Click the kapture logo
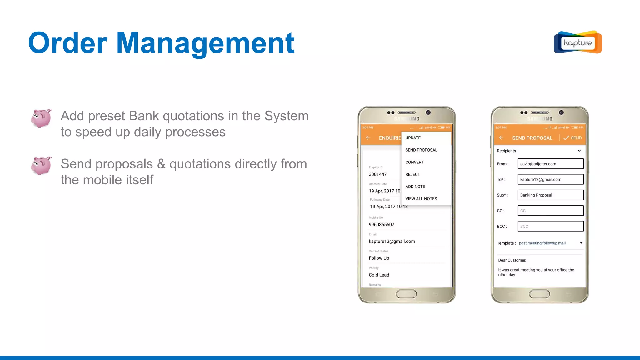pyautogui.click(x=577, y=42)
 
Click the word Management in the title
pyautogui.click(x=205, y=43)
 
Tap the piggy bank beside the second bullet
pyautogui.click(x=41, y=165)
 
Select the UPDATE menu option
pyautogui.click(x=413, y=138)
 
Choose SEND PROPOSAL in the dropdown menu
pyautogui.click(x=421, y=150)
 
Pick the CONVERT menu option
pyautogui.click(x=414, y=162)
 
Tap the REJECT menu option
pyautogui.click(x=412, y=174)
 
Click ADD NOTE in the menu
pyautogui.click(x=415, y=187)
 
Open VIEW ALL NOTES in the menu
pyautogui.click(x=421, y=199)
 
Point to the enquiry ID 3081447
pyautogui.click(x=377, y=174)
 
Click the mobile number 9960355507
pyautogui.click(x=381, y=225)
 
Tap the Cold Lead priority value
pyautogui.click(x=379, y=275)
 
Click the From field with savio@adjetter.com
pyautogui.click(x=550, y=164)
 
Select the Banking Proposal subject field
pyautogui.click(x=550, y=195)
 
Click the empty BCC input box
pyautogui.click(x=550, y=226)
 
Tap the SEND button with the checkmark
pyautogui.click(x=572, y=138)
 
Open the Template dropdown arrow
pyautogui.click(x=581, y=243)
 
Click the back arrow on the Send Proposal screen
pyautogui.click(x=501, y=138)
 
